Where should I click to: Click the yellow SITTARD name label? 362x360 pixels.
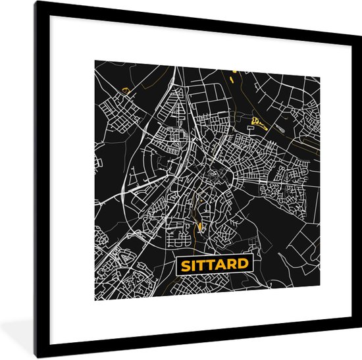(213, 265)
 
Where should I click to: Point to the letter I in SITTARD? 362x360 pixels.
(192, 265)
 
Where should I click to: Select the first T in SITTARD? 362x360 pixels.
(201, 265)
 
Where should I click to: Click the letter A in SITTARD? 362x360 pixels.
(222, 265)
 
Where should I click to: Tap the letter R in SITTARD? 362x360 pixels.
(233, 265)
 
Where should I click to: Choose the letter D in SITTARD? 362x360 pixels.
(244, 265)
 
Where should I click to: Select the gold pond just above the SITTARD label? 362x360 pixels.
(200, 228)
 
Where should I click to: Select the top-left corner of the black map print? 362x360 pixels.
(94, 61)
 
